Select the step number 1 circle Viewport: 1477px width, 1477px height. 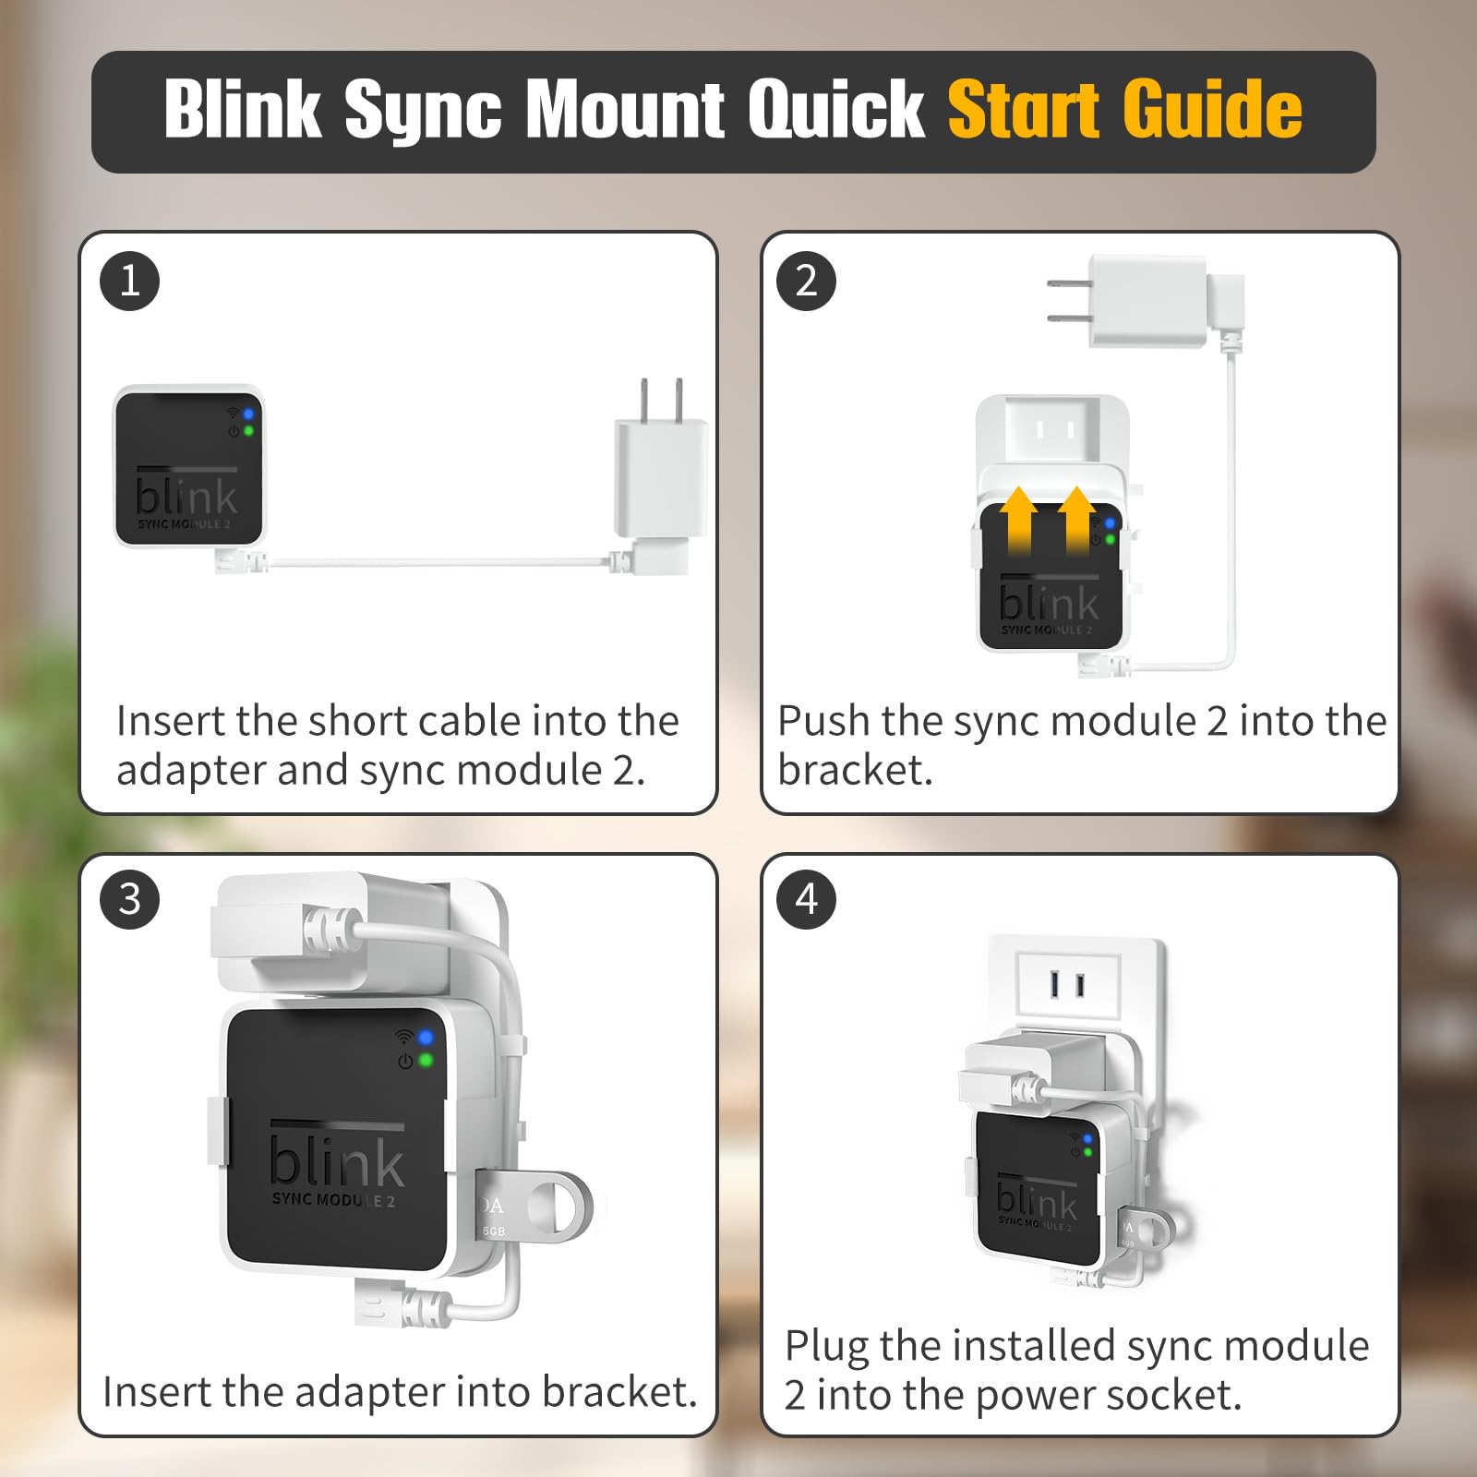[129, 281]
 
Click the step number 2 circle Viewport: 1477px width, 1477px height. [806, 281]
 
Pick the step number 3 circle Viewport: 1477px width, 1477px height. [129, 899]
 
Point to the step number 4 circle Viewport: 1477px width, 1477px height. [806, 899]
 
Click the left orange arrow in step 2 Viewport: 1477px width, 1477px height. [1018, 520]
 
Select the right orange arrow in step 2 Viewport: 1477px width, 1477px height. [1076, 520]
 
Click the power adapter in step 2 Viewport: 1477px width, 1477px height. [1145, 301]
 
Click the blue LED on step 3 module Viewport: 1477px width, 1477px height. [426, 1038]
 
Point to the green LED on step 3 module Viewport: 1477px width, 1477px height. [426, 1060]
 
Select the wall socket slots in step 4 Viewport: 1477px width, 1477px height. [1067, 985]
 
